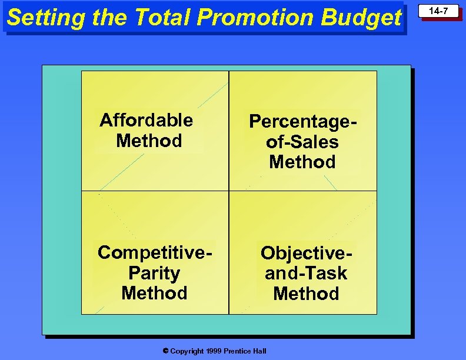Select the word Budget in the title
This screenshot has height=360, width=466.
click(x=361, y=18)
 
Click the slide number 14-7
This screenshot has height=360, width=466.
click(x=438, y=11)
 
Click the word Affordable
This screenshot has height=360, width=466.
click(x=147, y=121)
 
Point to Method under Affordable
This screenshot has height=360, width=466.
click(x=149, y=141)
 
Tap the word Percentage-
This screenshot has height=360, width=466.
click(x=304, y=122)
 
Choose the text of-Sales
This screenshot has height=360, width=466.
click(x=302, y=142)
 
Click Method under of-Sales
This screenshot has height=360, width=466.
click(x=302, y=162)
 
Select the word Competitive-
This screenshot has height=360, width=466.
click(x=155, y=253)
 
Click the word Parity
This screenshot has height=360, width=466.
click(x=154, y=274)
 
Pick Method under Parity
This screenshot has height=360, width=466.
click(x=154, y=293)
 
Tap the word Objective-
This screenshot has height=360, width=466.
click(x=308, y=254)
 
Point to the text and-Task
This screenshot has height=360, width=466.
click(x=306, y=274)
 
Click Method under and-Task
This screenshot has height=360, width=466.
click(x=306, y=294)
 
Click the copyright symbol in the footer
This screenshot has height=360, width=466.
click(x=166, y=351)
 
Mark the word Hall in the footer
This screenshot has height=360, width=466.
click(x=260, y=351)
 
